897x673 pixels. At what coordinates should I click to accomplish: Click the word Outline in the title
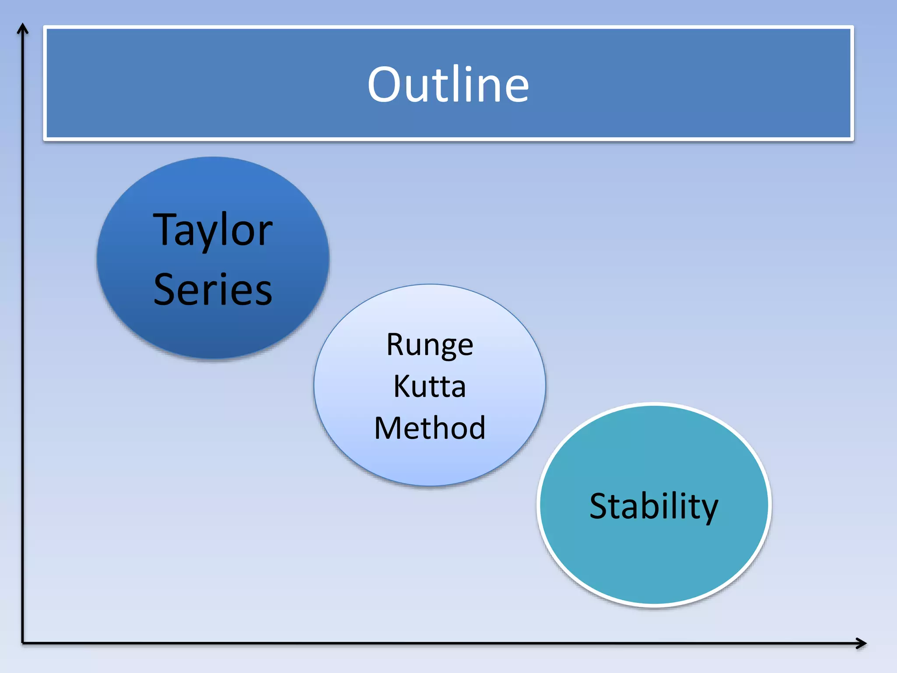448,84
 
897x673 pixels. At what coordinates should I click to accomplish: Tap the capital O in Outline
385,84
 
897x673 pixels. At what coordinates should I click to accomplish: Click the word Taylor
213,230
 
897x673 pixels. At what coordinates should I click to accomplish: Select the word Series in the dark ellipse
213,290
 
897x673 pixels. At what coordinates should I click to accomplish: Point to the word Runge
430,345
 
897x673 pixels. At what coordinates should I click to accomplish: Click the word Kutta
430,386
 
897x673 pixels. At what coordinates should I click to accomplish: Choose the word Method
430,428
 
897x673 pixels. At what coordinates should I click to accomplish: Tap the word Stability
653,506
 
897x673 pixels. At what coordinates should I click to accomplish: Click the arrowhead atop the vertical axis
23,28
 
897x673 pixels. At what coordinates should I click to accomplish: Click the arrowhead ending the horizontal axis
862,643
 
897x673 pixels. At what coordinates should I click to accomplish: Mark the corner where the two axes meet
23,643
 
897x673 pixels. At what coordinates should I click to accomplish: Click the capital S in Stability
600,506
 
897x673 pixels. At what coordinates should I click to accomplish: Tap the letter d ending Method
476,428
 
